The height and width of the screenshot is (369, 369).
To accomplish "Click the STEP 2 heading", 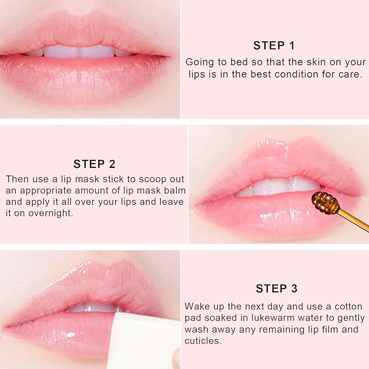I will pyautogui.click(x=95, y=164).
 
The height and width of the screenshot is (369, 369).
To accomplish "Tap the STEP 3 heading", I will pyautogui.click(x=276, y=289).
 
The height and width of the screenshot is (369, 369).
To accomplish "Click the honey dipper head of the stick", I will pyautogui.click(x=325, y=204).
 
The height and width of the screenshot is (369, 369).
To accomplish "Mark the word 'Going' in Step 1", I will pyautogui.click(x=198, y=62).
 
